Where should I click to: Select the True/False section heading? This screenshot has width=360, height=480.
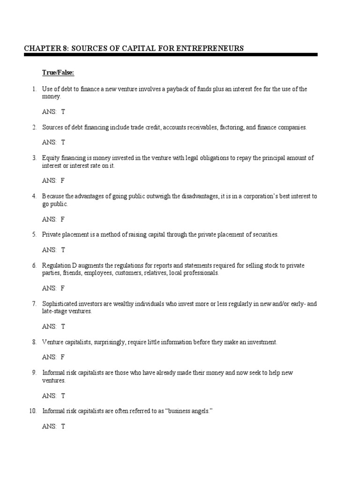[58, 72]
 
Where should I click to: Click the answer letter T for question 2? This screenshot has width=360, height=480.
[63, 142]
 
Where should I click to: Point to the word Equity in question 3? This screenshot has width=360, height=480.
[51, 158]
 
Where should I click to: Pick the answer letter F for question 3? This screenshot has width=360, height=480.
[63, 181]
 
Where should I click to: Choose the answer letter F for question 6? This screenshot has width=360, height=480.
[63, 288]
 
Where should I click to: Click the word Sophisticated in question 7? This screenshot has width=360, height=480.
[59, 304]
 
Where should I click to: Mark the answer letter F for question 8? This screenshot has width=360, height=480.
[63, 357]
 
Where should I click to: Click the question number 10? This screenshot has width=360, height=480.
[33, 412]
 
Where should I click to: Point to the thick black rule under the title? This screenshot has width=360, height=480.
[171, 55]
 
